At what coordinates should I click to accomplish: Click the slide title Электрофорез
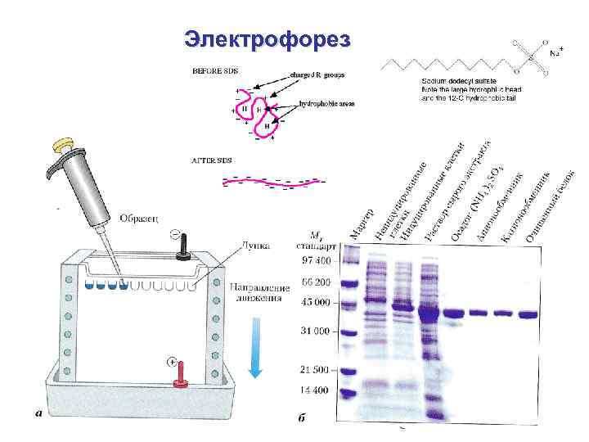click(x=268, y=38)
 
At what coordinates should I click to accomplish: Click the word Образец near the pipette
click(x=143, y=218)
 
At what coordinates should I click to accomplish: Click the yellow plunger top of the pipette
click(x=62, y=144)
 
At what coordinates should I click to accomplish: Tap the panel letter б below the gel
click(x=302, y=418)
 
